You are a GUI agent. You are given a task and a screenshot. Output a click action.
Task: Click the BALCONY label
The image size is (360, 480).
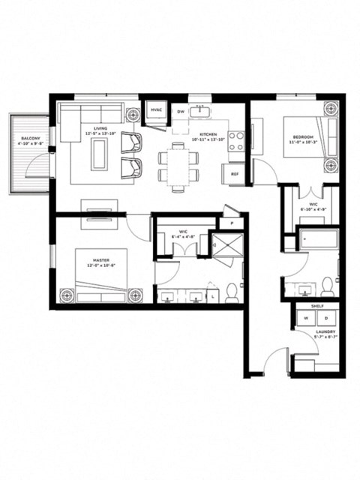pos(31,139)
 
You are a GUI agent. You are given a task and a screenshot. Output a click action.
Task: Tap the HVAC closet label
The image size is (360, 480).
pos(157,110)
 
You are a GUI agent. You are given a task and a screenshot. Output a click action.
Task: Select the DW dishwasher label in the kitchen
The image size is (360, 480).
pos(180,112)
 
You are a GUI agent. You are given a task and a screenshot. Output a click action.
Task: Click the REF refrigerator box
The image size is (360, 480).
pos(235,174)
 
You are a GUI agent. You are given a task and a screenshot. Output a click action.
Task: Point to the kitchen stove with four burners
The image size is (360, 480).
pos(235,141)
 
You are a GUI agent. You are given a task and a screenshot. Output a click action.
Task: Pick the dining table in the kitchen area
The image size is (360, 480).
pos(178,166)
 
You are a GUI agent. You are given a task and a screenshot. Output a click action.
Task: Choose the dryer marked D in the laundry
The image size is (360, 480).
pos(325,319)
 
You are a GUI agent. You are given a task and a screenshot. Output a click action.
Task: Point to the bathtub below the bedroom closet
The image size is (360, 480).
pos(318,240)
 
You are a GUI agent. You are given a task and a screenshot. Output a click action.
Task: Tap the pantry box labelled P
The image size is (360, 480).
pos(232,223)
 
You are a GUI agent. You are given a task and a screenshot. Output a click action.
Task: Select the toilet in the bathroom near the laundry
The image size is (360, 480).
pos(327,286)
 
